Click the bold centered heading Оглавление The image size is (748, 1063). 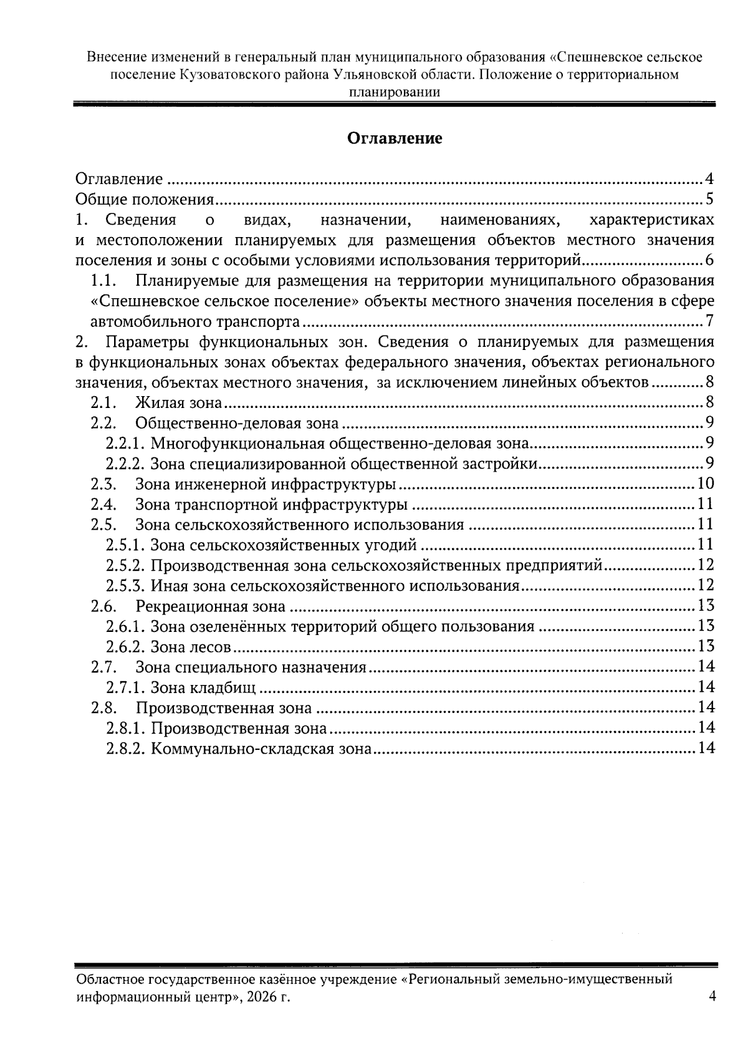395,138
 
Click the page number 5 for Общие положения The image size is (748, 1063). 709,200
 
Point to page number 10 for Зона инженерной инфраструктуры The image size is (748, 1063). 706,484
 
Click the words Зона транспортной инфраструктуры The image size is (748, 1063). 271,505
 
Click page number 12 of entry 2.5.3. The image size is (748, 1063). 706,586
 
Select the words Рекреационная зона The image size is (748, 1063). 210,606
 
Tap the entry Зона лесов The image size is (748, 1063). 191,647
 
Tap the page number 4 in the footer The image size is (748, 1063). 712,996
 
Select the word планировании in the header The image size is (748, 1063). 395,92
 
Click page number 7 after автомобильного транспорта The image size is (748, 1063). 709,322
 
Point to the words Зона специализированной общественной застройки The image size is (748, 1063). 343,464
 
